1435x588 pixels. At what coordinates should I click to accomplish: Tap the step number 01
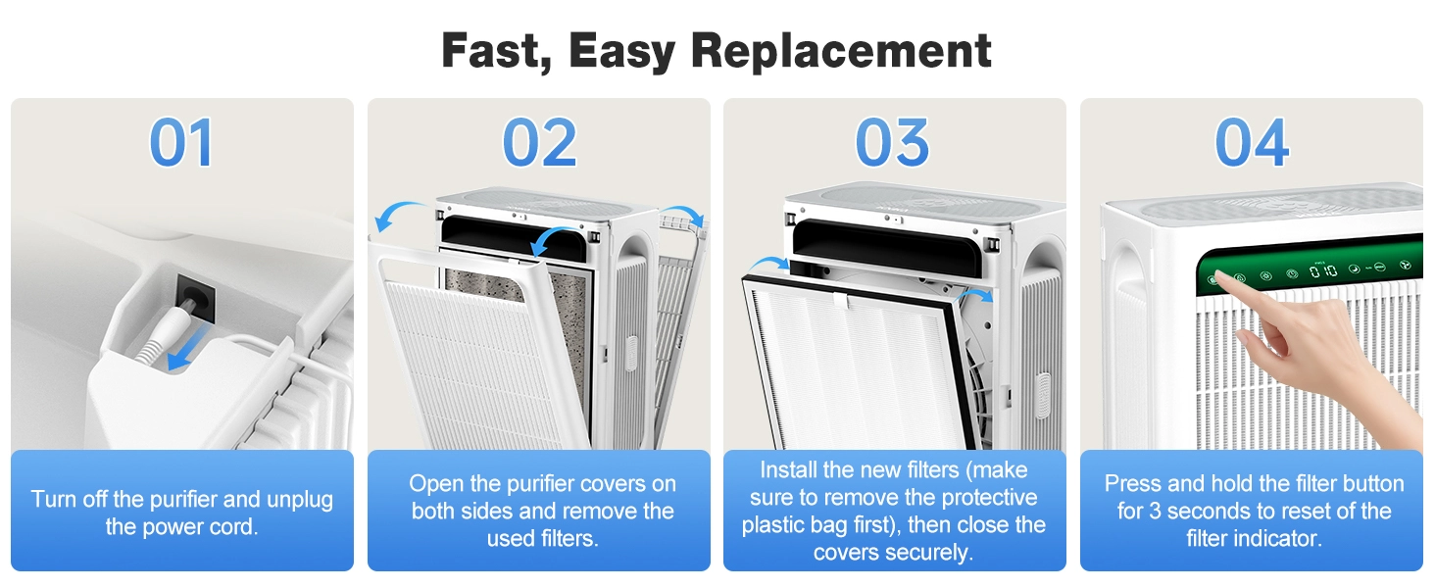pos(181,143)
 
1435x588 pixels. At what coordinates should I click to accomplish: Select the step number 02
pos(538,143)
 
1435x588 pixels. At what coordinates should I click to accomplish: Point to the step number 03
pos(893,143)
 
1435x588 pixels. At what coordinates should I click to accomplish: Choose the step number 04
pos(1252,143)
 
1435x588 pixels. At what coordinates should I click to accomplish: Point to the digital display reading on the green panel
pos(1322,269)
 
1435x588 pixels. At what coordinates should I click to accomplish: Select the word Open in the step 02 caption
pos(434,484)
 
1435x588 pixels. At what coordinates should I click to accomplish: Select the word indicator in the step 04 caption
pos(1274,539)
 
